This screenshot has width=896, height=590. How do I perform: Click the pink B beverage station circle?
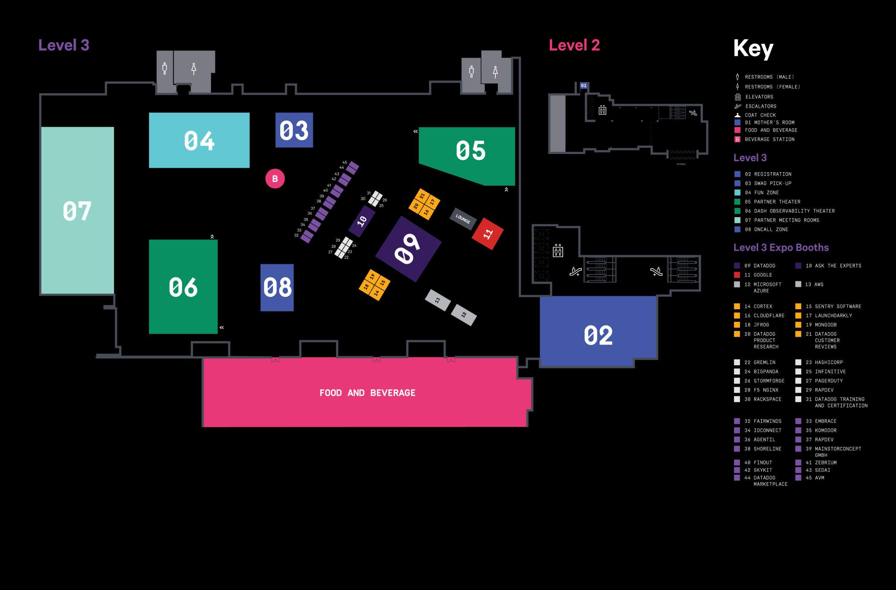click(x=275, y=178)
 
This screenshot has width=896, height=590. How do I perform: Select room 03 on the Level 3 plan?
click(x=294, y=130)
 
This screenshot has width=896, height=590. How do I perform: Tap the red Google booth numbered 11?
click(x=488, y=233)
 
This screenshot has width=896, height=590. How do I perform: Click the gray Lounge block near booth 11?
click(x=463, y=219)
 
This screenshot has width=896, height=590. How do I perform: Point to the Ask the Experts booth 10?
click(x=362, y=221)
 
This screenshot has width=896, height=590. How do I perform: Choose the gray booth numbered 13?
click(x=437, y=300)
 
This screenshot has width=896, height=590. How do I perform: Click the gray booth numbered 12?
click(x=464, y=315)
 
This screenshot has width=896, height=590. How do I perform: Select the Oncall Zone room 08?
click(x=277, y=287)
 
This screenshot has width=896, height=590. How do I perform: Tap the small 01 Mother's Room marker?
click(x=583, y=86)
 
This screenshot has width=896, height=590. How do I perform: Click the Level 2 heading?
click(x=574, y=45)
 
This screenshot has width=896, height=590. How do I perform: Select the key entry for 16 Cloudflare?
click(x=764, y=316)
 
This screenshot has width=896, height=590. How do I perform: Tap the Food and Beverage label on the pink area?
click(x=367, y=393)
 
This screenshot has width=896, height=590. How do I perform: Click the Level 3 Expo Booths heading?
click(x=781, y=248)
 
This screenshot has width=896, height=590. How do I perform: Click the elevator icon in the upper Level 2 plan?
click(x=602, y=110)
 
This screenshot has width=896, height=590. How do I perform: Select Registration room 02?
click(x=598, y=335)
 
